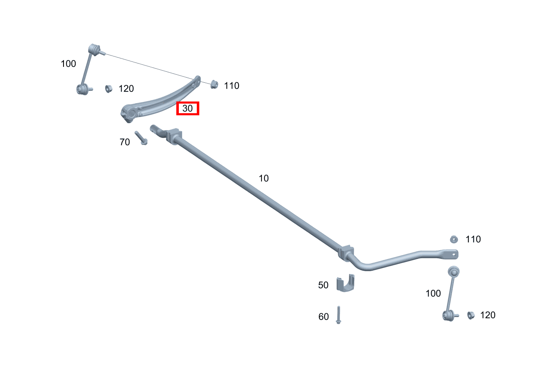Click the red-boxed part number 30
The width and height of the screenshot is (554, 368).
point(188,108)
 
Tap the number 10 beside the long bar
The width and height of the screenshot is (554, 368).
point(264,178)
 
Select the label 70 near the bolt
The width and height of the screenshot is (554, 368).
point(125,142)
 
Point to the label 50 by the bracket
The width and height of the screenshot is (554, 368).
point(323,285)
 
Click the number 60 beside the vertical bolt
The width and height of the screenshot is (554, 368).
point(323,317)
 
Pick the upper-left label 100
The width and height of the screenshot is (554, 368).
point(68,64)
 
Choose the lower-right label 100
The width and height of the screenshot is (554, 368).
point(433,293)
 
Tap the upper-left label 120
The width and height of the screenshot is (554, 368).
point(126,89)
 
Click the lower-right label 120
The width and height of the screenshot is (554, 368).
point(488,315)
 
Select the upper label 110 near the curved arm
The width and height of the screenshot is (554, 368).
point(231,86)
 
